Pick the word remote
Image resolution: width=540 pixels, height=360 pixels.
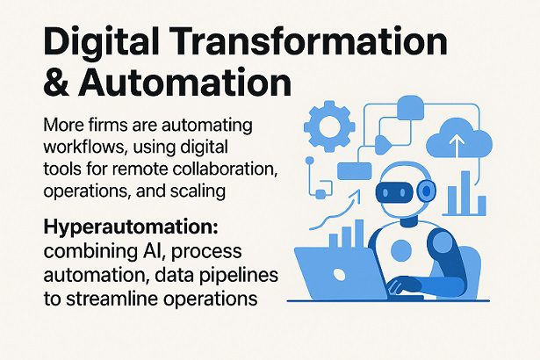(x=142, y=167)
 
